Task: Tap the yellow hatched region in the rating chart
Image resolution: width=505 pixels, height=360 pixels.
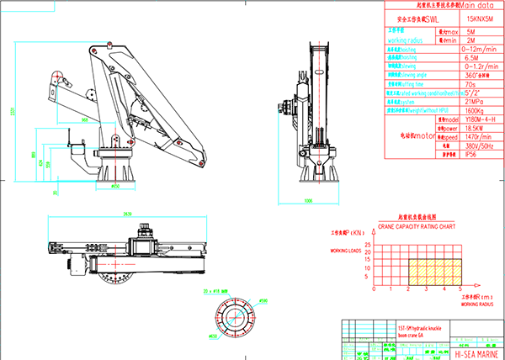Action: point(432,270)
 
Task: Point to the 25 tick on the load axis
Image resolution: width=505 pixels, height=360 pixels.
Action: point(375,239)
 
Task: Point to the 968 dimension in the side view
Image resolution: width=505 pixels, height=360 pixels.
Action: point(85,120)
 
